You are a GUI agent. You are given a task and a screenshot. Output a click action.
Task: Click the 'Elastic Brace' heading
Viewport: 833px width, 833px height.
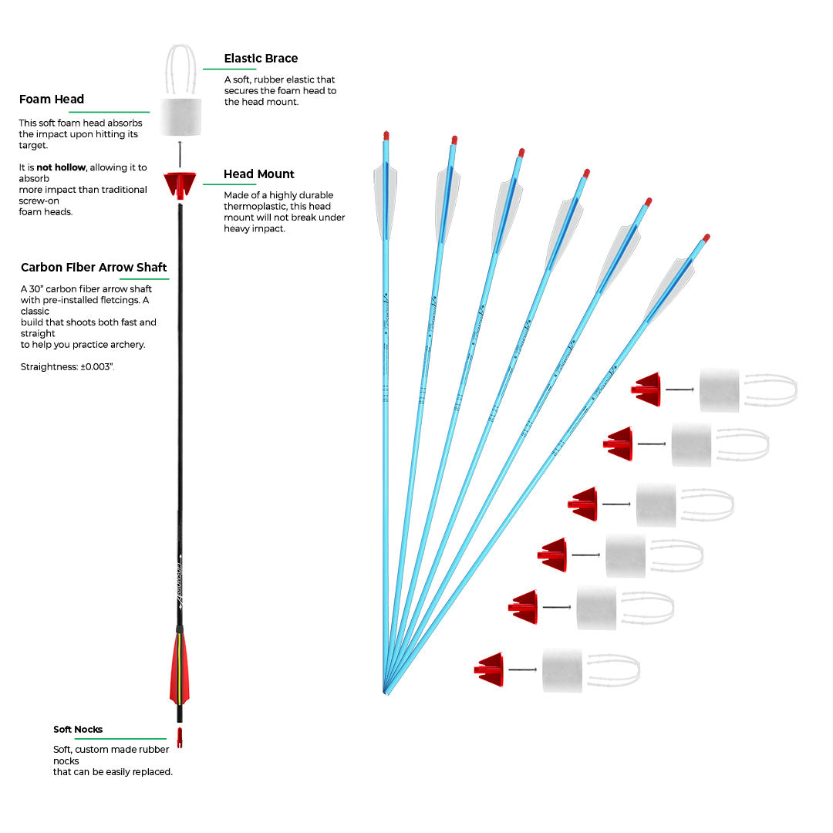pyautogui.click(x=261, y=59)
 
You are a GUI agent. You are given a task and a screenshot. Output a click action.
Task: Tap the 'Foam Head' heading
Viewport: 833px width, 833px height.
pyautogui.click(x=52, y=99)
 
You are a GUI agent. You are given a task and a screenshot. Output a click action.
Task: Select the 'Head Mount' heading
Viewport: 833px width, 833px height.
pyautogui.click(x=259, y=174)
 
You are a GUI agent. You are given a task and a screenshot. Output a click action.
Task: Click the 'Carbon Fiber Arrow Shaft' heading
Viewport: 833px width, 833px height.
pyautogui.click(x=94, y=268)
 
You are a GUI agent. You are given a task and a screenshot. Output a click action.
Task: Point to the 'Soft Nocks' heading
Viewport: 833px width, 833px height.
pyautogui.click(x=78, y=730)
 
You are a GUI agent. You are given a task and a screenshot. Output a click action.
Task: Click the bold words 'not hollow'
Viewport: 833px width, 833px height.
pyautogui.click(x=59, y=167)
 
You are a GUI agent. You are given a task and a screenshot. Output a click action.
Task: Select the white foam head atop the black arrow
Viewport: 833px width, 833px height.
pyautogui.click(x=180, y=116)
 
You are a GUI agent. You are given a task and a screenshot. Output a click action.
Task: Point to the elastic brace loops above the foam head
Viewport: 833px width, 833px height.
pyautogui.click(x=180, y=69)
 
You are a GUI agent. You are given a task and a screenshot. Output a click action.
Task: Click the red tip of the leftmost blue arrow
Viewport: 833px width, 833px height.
pyautogui.click(x=386, y=136)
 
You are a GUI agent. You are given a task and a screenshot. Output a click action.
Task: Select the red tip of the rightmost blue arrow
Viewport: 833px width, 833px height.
pyautogui.click(x=706, y=238)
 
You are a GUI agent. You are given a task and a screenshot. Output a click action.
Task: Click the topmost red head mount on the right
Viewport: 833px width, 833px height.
pyautogui.click(x=648, y=390)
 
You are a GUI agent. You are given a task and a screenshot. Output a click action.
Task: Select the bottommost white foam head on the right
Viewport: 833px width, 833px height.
pyautogui.click(x=562, y=670)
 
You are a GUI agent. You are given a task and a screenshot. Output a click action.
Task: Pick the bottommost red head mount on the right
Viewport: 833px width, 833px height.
pyautogui.click(x=491, y=669)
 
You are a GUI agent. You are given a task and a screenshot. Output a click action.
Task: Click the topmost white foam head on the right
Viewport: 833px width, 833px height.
pyautogui.click(x=719, y=390)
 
